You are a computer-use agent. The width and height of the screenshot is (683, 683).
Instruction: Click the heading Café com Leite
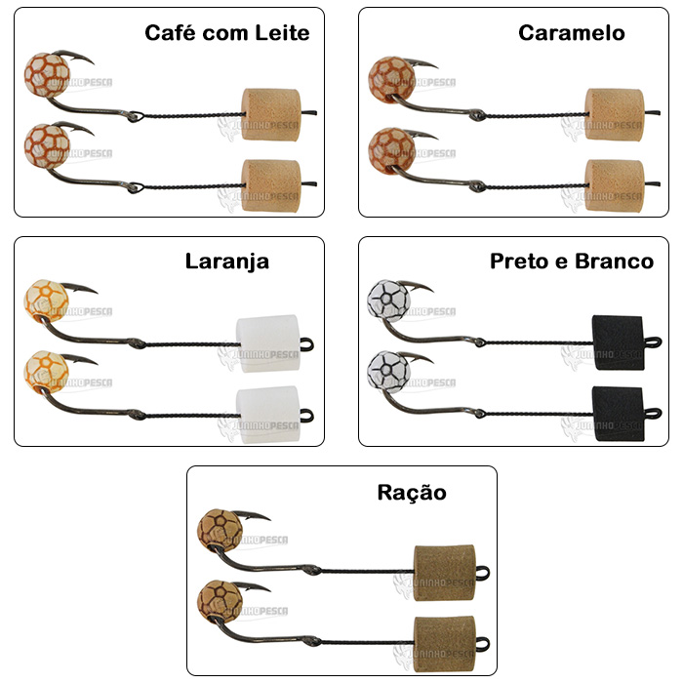coord(227,33)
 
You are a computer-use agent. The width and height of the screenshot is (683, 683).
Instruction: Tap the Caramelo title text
coord(572,33)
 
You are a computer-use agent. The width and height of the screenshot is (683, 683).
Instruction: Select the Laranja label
coord(227,261)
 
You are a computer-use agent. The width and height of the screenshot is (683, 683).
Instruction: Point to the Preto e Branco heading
coord(572,261)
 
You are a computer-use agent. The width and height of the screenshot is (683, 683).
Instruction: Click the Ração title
coord(412,493)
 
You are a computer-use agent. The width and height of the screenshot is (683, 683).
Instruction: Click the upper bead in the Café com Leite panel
coord(47,75)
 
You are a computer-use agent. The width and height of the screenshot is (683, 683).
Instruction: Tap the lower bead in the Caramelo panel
coord(391,150)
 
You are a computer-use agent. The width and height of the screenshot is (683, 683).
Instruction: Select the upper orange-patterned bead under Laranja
coord(46,301)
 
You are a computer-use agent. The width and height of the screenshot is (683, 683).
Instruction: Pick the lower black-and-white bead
coord(388,372)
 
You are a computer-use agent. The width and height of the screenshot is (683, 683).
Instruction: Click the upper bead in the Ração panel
coord(220,531)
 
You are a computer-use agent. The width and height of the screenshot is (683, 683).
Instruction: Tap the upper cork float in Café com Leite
coord(271,114)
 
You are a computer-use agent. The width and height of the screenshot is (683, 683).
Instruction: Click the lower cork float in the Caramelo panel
coord(615,186)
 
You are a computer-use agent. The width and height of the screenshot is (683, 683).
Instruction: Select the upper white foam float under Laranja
coord(268,343)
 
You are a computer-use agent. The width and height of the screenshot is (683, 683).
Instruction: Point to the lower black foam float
coord(618,414)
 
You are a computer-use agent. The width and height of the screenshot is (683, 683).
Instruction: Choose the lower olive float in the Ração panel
coord(444,644)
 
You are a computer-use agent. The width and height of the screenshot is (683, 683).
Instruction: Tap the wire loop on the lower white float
coord(307,415)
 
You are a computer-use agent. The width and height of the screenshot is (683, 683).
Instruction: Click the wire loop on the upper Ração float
coord(482,573)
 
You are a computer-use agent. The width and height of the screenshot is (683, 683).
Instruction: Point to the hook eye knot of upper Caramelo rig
coord(477,115)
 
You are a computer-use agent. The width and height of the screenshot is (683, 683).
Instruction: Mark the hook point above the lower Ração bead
coord(269,590)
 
